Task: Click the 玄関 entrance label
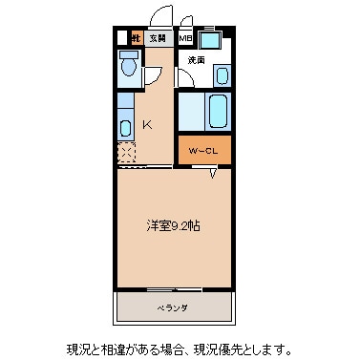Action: coord(157,38)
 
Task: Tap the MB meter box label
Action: coord(185,38)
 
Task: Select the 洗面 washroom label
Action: coord(197,60)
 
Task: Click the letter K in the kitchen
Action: coord(148,123)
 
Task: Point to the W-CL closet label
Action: coord(203,150)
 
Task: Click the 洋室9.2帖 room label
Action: coord(173,225)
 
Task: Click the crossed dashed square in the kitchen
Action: coord(126,153)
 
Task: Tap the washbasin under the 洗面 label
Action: coord(222,74)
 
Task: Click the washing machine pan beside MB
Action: coord(211,41)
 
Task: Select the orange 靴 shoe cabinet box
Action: coord(137,38)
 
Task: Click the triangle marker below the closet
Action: coord(213,173)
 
